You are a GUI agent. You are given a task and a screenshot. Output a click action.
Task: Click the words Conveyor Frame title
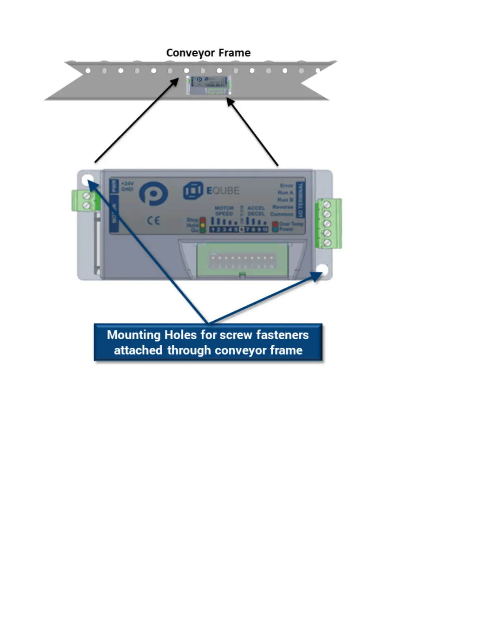tap(208, 53)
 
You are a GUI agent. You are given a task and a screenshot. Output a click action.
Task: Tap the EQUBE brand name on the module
tap(223, 191)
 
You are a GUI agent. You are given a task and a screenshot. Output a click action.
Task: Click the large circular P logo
tap(154, 193)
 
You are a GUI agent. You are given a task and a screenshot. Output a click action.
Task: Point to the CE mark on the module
tap(154, 221)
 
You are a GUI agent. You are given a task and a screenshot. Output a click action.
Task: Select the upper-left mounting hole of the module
tap(86, 180)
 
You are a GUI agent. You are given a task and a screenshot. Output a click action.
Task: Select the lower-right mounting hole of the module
tap(323, 270)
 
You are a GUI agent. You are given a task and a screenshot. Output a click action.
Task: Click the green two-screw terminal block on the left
tap(86, 201)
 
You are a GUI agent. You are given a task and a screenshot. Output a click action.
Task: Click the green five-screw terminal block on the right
tap(328, 224)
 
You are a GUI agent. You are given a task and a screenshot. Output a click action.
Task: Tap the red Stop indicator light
tap(203, 220)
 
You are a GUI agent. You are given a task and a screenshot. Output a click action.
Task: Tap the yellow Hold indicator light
tap(203, 225)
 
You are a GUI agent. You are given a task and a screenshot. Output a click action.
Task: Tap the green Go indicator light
tap(203, 230)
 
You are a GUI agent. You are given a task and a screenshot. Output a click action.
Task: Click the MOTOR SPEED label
tap(224, 211)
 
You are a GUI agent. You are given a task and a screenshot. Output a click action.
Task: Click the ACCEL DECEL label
tap(256, 211)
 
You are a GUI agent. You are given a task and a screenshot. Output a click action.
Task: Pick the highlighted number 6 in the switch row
tap(242, 230)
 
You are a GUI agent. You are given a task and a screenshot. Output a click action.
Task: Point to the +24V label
tap(127, 184)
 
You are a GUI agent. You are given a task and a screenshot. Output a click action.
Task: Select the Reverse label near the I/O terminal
tap(283, 207)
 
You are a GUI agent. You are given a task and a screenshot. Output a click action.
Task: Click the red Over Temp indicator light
tap(275, 224)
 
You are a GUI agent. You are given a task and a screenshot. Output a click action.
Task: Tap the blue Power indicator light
tap(275, 229)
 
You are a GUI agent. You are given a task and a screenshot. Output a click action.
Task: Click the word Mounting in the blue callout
tap(134, 335)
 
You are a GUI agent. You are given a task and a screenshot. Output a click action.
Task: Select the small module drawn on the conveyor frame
tap(208, 85)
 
